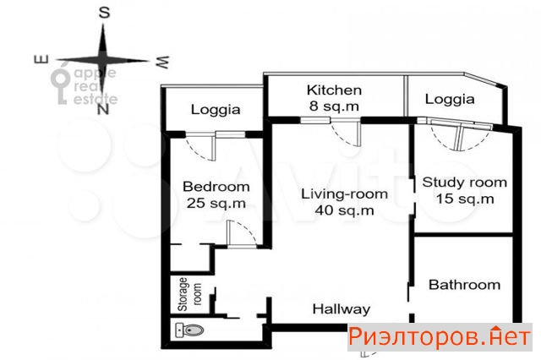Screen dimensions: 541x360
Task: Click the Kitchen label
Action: (x=334, y=90)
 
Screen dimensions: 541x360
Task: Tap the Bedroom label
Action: (x=216, y=187)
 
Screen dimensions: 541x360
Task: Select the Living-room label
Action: (x=344, y=194)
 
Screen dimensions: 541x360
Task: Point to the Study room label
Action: (x=464, y=182)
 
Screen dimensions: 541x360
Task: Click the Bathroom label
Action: (x=464, y=285)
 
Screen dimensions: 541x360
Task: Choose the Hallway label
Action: (x=342, y=308)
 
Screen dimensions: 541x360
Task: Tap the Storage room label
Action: (x=189, y=294)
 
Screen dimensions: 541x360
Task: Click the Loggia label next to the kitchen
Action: (x=450, y=100)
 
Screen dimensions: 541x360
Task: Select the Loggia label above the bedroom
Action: (x=216, y=110)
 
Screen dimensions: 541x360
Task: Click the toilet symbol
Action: (x=189, y=330)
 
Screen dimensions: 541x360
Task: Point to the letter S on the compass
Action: (x=104, y=13)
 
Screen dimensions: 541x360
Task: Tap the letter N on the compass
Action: (x=103, y=109)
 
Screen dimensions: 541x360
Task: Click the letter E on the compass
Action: (x=41, y=60)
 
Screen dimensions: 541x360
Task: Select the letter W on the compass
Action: (x=162, y=62)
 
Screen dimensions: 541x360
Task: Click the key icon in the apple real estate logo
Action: (x=59, y=86)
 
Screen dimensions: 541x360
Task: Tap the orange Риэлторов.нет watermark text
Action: (x=439, y=336)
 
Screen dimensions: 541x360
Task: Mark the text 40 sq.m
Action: (x=344, y=210)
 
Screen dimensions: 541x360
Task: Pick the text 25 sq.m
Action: (x=216, y=203)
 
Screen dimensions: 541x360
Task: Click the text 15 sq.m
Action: (x=465, y=199)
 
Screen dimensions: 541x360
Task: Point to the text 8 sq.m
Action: (x=334, y=106)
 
